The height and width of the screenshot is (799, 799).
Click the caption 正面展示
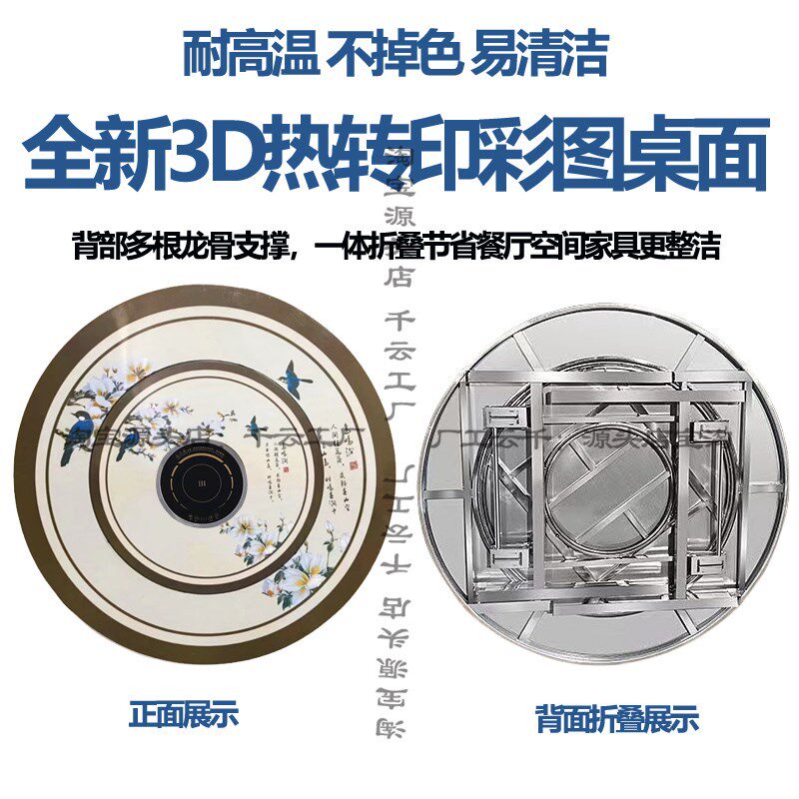click(185, 715)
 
